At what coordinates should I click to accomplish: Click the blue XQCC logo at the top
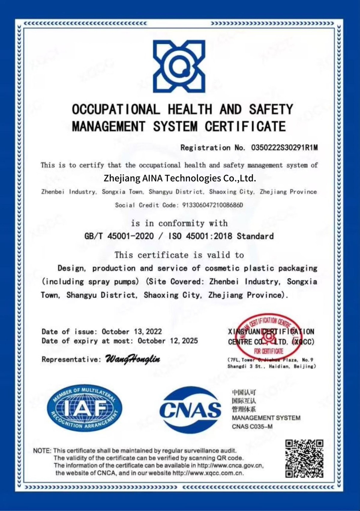click(x=179, y=66)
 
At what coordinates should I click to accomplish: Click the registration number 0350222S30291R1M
click(x=284, y=148)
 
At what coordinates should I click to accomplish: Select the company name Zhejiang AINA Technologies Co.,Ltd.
click(x=180, y=178)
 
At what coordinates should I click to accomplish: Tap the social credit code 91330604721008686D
click(x=212, y=205)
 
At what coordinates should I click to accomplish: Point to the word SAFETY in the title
click(x=271, y=109)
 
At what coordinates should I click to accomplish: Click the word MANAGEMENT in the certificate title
click(x=109, y=126)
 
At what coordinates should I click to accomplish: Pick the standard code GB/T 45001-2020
click(x=119, y=236)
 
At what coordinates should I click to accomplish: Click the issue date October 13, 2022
click(x=132, y=332)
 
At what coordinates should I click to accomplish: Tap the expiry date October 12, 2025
click(x=168, y=341)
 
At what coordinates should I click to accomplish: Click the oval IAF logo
click(x=85, y=407)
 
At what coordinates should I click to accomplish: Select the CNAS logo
click(x=190, y=410)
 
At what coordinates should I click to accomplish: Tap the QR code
click(x=304, y=458)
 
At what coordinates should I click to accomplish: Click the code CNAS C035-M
click(x=252, y=427)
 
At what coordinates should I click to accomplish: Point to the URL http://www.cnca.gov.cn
click(x=230, y=466)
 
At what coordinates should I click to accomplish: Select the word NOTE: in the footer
click(x=42, y=451)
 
